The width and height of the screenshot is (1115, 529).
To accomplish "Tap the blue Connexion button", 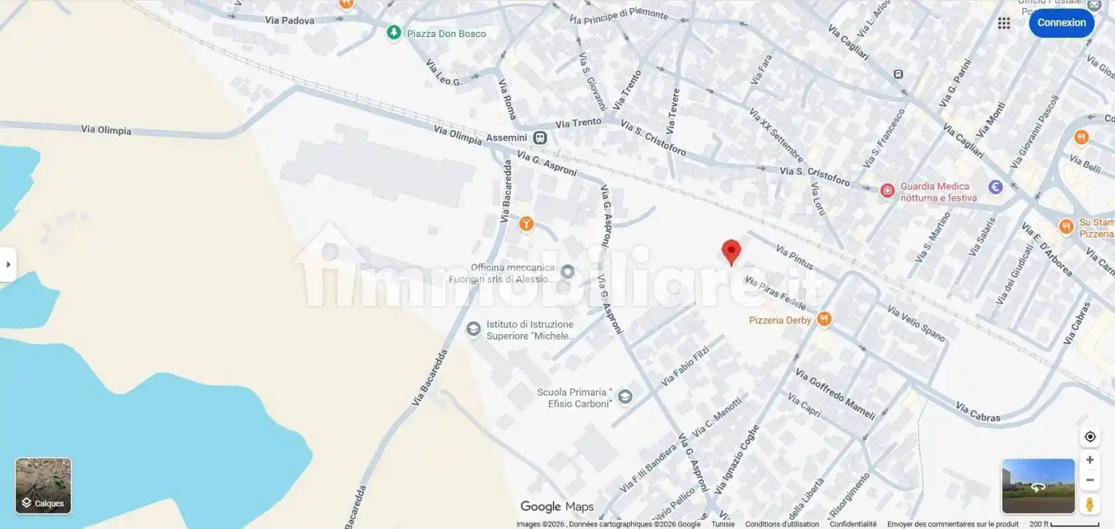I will click(x=1061, y=23).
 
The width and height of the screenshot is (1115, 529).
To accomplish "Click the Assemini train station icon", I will click(x=540, y=138).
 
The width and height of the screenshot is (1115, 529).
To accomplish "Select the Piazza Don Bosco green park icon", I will click(x=394, y=32).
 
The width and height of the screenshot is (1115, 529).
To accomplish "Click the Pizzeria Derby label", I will click(x=780, y=320).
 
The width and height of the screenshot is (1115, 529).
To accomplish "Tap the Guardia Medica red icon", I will click(x=887, y=191).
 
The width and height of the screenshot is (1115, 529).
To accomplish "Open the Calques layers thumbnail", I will click(x=43, y=485).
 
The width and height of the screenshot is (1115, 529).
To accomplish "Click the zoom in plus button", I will click(x=1090, y=459).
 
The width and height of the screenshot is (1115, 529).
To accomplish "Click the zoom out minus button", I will click(x=1090, y=480).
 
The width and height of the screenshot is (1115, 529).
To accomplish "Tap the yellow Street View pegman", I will click(x=1089, y=504).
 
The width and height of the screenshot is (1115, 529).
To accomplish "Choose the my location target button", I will click(x=1090, y=436).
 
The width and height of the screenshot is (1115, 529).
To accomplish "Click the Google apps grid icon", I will click(x=1003, y=23).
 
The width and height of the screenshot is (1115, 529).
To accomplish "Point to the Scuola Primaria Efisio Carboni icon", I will click(x=625, y=396).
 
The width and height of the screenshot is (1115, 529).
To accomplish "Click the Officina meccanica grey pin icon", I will click(x=567, y=272).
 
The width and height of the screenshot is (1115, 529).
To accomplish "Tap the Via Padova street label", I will click(x=289, y=21).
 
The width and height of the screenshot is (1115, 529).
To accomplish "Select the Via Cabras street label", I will click(x=978, y=412).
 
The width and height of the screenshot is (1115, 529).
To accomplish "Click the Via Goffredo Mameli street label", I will click(x=835, y=394).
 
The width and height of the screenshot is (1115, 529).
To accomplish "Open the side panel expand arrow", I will click(x=8, y=264).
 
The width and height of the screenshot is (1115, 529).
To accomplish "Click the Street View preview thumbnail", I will click(x=1038, y=486).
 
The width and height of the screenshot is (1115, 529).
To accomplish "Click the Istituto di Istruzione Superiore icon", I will click(x=473, y=329).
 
